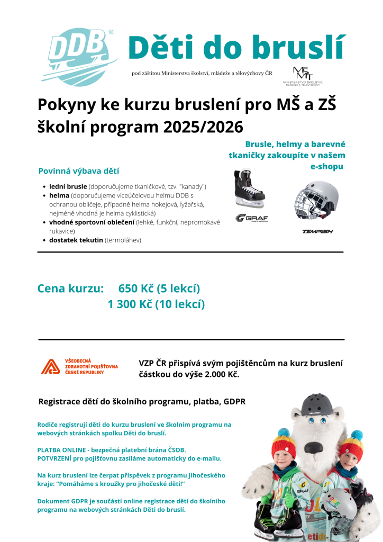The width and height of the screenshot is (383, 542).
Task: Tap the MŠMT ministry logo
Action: pos(303,76)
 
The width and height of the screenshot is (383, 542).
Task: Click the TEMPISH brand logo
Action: pos(317,231)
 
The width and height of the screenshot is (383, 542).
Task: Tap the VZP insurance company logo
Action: pos(80,367)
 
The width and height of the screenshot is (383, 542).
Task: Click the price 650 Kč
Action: pos(136,288)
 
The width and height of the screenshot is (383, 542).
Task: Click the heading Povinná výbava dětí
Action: pos(79,171)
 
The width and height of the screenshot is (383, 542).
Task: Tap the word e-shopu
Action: pos(327,166)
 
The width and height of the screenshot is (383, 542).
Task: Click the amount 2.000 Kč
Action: pos(218,374)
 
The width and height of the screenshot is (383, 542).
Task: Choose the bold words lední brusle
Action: pos(68,187)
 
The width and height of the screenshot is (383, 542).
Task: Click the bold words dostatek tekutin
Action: pos(76,240)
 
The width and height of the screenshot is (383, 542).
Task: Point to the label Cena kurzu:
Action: pos(70,288)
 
